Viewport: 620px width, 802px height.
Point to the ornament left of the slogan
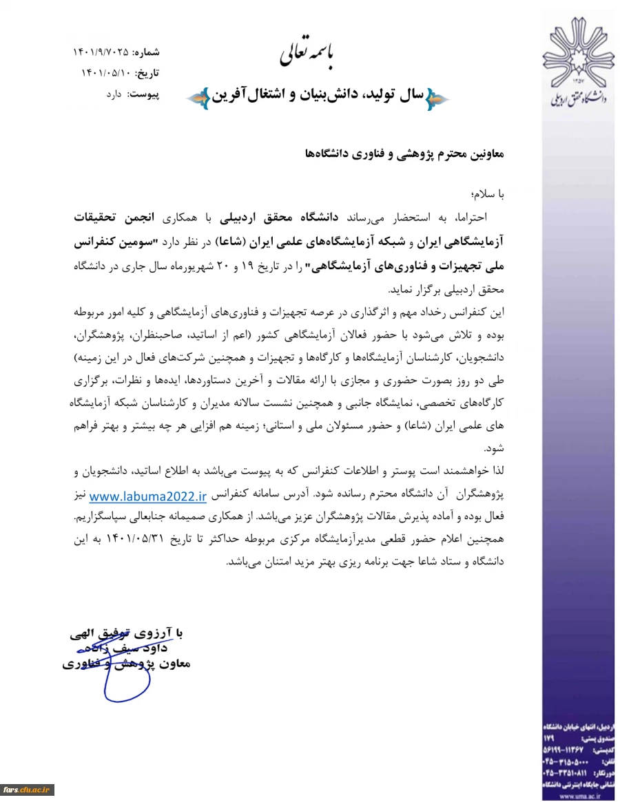tap(196, 98)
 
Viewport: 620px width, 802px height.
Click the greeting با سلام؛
tap(487, 195)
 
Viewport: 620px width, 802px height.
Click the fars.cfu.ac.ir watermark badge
tap(27, 789)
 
